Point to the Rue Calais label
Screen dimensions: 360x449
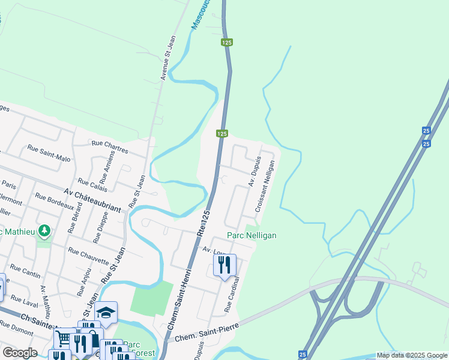coord(91,182)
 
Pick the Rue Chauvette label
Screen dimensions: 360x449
coord(89,256)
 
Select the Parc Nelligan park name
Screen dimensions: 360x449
coord(252,236)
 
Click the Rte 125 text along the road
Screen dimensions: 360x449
coord(205,224)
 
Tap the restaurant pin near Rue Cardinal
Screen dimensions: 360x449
coord(224,265)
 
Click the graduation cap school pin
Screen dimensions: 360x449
coord(106,312)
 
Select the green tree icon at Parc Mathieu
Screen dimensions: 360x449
coord(43,230)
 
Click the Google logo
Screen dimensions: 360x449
coord(20,353)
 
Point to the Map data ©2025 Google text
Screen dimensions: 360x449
coord(412,355)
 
